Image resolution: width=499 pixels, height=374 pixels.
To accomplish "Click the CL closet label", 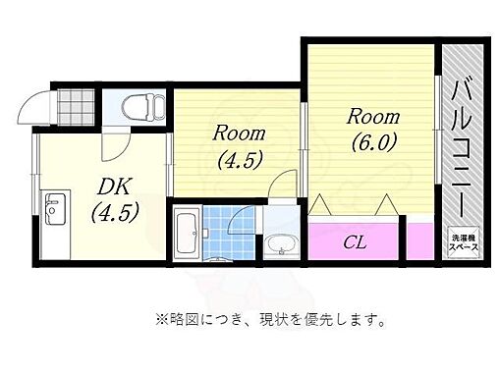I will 356,241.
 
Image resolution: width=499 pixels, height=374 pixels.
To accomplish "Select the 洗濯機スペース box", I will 465,242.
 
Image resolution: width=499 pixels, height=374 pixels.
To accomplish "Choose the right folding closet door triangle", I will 388,205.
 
